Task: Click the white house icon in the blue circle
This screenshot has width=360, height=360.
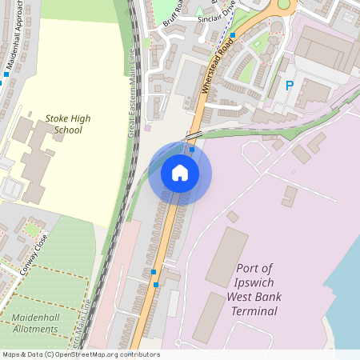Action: click(180, 173)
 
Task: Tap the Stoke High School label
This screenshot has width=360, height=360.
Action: click(68, 124)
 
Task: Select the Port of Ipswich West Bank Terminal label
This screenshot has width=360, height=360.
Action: click(254, 289)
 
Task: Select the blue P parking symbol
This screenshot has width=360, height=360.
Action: click(290, 85)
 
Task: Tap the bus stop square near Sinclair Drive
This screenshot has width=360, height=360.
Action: click(233, 35)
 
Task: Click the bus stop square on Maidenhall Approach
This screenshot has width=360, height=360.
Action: click(6, 74)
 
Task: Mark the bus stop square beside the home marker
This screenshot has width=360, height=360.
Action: click(192, 149)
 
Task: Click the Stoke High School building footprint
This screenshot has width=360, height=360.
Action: click(36, 156)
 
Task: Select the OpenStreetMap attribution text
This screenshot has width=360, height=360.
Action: click(80, 354)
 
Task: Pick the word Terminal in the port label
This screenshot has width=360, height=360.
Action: click(254, 310)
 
